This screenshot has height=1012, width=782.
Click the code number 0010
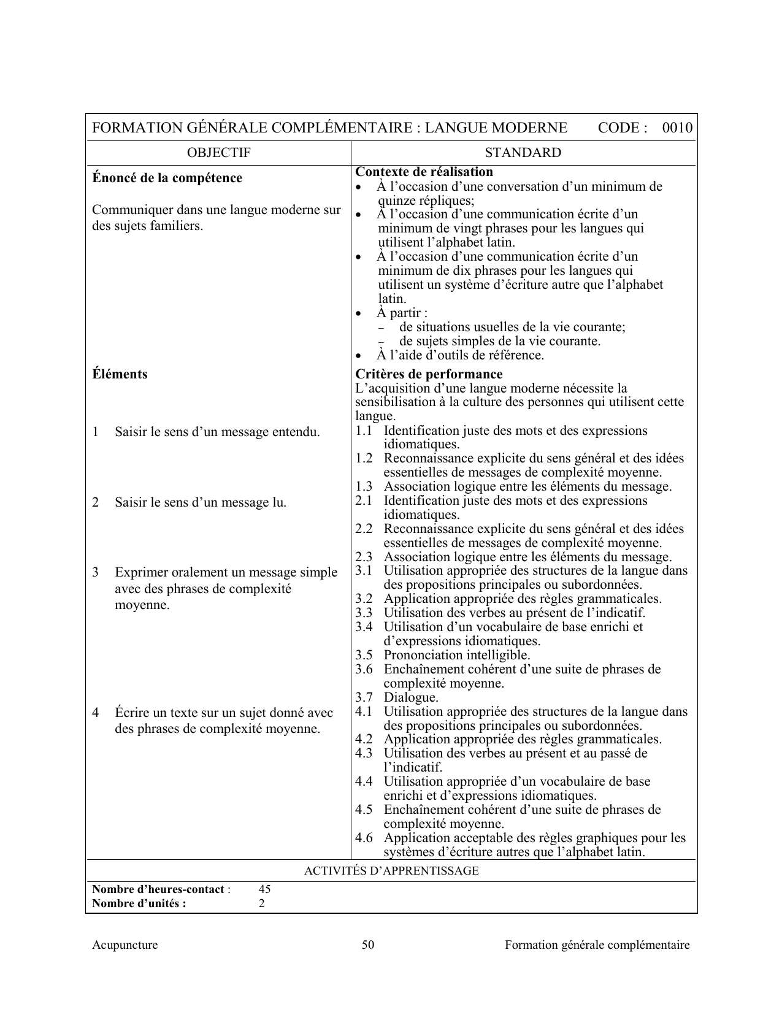677,128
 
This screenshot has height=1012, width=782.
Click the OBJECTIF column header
218,153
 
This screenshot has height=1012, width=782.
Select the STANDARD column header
523,153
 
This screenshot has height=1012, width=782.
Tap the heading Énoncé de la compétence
167,178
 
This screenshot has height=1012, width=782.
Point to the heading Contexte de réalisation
424,172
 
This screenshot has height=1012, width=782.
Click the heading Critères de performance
429,374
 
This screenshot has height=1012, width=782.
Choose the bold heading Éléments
120,374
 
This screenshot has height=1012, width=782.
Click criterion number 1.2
364,459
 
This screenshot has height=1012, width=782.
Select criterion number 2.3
364,558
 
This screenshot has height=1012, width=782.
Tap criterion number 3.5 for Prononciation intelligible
364,655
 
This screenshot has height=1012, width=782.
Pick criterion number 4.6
364,838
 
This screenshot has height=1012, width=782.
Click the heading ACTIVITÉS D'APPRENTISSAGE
391,871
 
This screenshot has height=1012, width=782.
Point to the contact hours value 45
265,889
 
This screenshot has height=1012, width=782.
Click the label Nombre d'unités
139,903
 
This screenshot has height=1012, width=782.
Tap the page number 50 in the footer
368,945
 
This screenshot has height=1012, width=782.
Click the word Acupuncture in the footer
125,945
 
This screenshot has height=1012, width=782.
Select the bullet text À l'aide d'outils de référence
460,355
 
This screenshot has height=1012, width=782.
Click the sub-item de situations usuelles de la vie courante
512,327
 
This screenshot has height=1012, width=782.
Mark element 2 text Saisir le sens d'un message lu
200,503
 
